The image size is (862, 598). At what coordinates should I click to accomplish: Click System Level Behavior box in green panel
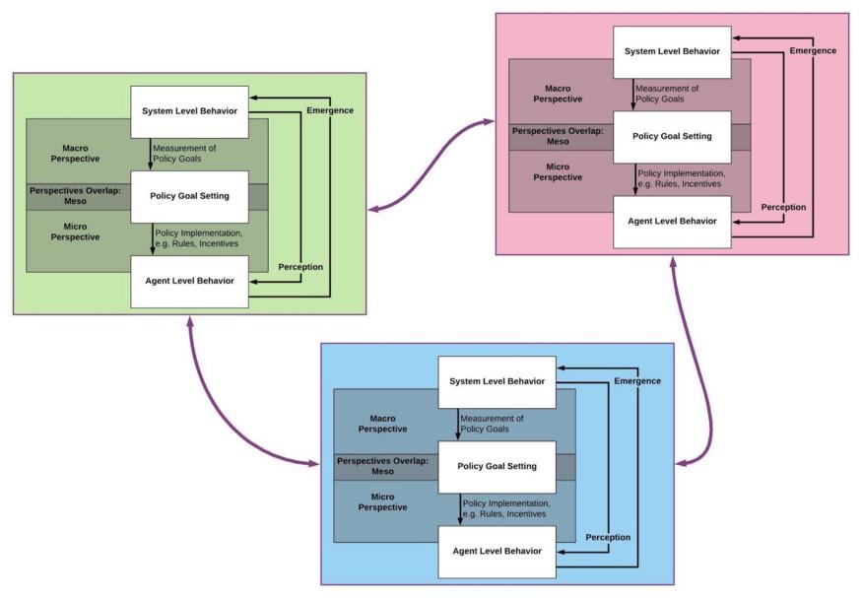point(190,111)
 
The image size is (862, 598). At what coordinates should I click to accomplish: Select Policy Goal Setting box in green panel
point(190,195)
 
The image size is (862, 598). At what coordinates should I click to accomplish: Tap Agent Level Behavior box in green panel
point(190,281)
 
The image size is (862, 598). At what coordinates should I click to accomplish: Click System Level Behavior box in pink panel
point(673,52)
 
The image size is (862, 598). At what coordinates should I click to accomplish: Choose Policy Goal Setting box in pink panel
point(673,136)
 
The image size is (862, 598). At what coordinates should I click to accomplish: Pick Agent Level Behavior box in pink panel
point(673,222)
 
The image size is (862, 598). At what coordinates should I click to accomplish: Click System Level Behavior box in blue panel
point(497,381)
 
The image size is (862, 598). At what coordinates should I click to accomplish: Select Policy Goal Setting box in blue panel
point(497,466)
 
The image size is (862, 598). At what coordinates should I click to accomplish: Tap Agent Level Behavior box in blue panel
point(497,551)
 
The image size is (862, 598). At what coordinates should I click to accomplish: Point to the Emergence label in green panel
point(329,109)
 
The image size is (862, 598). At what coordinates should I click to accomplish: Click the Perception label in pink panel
point(783,207)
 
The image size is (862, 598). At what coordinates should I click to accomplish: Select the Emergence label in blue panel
point(637,380)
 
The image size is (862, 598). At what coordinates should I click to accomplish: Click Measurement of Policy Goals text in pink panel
point(668,94)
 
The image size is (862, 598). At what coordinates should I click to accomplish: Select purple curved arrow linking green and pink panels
point(431,167)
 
